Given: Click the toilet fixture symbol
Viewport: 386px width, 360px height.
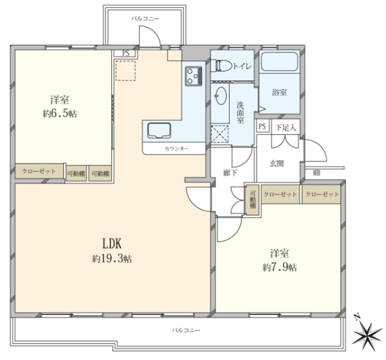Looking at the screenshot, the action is coord(223,66).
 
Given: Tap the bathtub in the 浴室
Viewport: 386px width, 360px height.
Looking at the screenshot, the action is coord(279,61).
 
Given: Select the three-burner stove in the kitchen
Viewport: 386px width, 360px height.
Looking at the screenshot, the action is coord(194,76).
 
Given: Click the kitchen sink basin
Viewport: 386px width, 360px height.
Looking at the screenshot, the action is coord(159,130).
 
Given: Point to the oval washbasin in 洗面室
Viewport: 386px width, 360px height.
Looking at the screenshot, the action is coord(221,96).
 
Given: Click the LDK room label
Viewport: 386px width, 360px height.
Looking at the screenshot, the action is coord(112,244).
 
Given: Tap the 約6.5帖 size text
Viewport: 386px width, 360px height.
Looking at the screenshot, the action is coord(60,114).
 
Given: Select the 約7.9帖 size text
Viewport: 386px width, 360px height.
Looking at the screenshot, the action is coord(280,267).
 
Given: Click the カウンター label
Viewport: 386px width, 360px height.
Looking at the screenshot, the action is coord(177,148).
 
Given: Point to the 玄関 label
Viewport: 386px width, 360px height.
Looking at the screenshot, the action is coord(277,163).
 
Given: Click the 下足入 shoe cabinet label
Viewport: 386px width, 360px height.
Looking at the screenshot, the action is coord(286,127).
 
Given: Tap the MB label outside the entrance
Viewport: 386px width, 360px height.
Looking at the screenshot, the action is coord(317,173).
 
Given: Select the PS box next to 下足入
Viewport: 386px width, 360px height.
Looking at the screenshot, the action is coord(262,127).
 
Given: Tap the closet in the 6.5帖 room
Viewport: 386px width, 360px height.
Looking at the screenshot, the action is coord(39,171).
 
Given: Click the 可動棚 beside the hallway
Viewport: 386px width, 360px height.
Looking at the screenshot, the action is coord(252,199).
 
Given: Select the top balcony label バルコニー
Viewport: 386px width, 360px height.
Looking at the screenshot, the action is coord(145,19).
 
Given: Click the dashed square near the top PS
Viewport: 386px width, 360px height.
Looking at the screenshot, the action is coord(125,71).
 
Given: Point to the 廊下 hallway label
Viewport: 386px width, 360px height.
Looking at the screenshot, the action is coord(230,173).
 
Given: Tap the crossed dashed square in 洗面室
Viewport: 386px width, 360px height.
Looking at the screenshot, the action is coord(220,134).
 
